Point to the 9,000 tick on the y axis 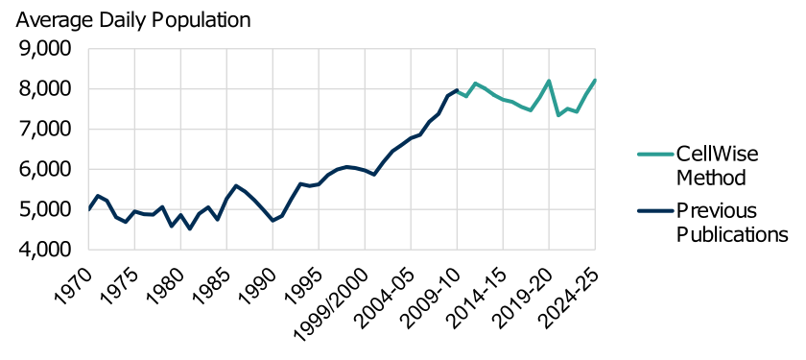(x=45, y=49)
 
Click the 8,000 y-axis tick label (x=45, y=89)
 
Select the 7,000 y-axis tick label (x=45, y=129)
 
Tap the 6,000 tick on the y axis (x=45, y=169)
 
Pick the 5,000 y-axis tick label (x=45, y=209)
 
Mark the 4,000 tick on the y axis (x=45, y=249)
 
